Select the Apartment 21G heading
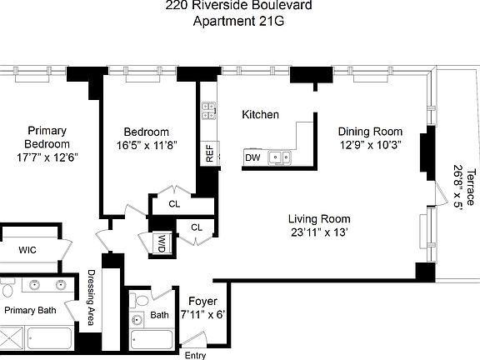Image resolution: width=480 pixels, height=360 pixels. point(239,22)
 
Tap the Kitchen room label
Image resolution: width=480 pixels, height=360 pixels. point(260,114)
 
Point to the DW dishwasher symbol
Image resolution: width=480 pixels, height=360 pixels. point(252,157)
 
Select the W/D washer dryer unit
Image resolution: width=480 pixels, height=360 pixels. point(162,243)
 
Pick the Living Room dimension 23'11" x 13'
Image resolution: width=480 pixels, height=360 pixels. point(318,232)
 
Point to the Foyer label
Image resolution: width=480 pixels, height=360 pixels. point(202,301)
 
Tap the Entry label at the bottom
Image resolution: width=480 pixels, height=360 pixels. point(195,355)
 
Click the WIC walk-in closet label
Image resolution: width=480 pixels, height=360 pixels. point(27,250)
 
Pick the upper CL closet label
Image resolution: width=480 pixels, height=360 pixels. point(174,203)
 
